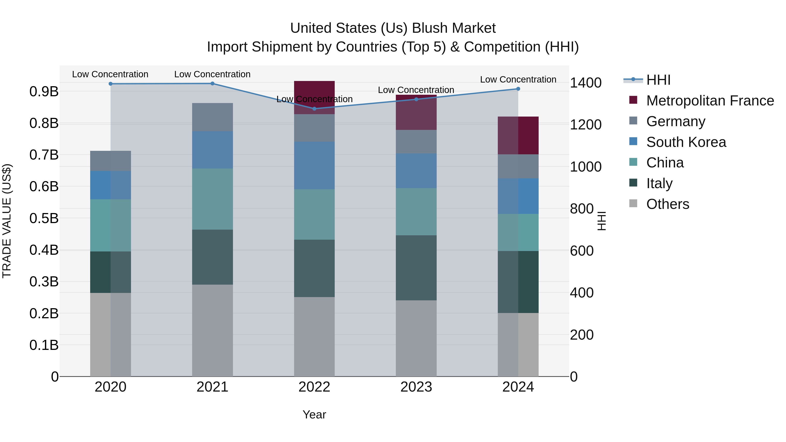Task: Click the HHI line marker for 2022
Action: coord(314,109)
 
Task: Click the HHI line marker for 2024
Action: coord(518,89)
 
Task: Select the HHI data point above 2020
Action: coord(110,84)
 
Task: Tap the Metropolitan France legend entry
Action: coord(710,101)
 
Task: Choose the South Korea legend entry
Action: coord(686,142)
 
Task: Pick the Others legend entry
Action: coord(668,204)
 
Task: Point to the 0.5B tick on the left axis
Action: coord(44,218)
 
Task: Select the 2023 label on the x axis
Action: coord(416,387)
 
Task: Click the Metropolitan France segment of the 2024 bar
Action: coord(518,135)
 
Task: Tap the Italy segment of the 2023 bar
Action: coord(416,268)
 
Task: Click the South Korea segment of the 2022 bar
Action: coord(314,165)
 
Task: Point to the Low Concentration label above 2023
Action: coord(416,90)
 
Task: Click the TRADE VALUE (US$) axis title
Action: coord(7,221)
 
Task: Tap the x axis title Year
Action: coord(314,414)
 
